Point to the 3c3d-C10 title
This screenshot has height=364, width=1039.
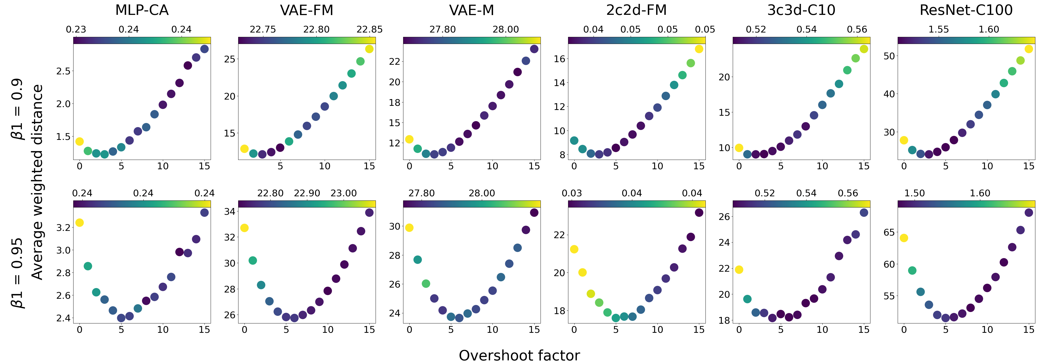click(801, 10)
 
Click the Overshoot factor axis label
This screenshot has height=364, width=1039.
click(519, 355)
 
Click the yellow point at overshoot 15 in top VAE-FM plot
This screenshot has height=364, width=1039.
click(369, 49)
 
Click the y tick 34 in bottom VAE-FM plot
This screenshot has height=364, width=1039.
click(230, 211)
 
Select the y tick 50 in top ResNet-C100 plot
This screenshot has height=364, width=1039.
click(889, 56)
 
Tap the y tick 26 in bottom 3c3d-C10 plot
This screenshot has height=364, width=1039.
click(724, 217)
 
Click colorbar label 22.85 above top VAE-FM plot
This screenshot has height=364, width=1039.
click(369, 29)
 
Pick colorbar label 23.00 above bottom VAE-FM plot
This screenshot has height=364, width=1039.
click(344, 193)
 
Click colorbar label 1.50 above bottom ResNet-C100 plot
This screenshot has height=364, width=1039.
click(914, 193)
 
